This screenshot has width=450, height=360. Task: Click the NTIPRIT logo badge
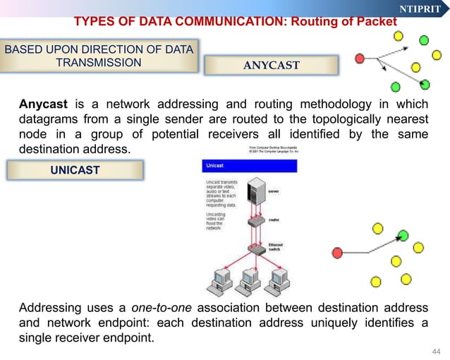[420, 8]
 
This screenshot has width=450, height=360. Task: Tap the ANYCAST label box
[272, 66]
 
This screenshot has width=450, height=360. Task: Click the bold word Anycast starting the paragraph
[43, 105]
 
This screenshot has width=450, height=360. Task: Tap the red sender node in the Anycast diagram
[360, 57]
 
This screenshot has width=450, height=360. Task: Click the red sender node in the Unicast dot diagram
[337, 252]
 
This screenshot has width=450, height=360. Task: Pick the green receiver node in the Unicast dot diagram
[403, 234]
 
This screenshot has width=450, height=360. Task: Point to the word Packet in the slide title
[377, 21]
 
